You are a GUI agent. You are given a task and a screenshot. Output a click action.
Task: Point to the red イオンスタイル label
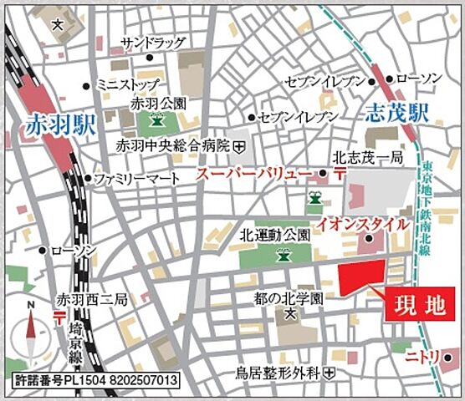[x=362, y=224]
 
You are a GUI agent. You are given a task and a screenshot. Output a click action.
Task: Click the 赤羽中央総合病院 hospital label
[x=173, y=145]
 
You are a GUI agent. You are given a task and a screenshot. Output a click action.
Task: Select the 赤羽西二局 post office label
[x=91, y=298]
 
